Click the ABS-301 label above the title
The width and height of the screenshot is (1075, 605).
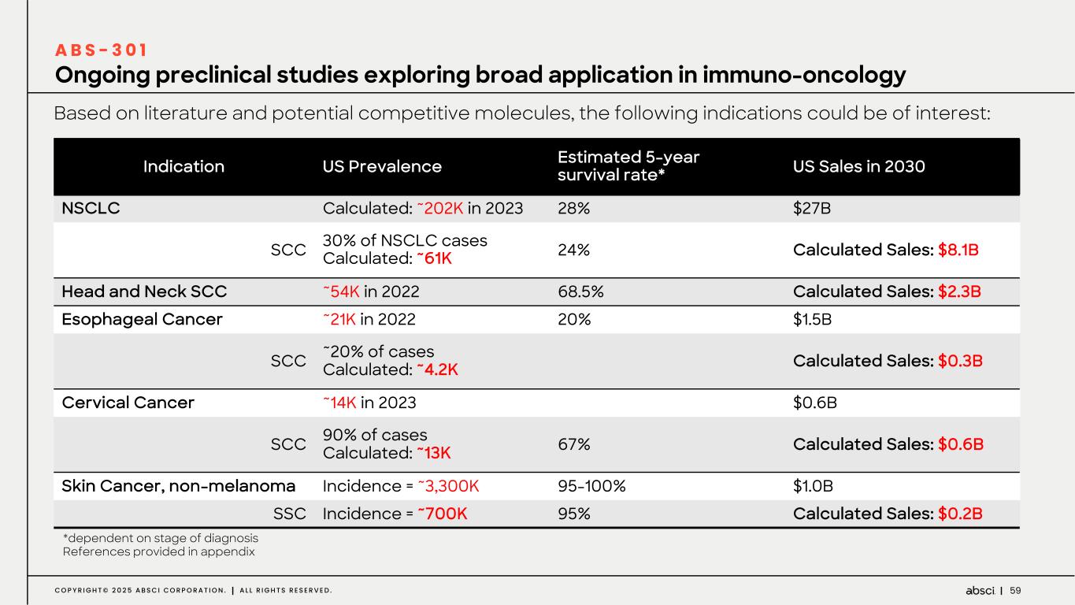(100, 50)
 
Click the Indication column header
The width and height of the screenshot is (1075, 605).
(183, 166)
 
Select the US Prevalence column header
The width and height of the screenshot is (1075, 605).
(382, 166)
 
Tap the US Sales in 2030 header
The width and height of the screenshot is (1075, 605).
(858, 166)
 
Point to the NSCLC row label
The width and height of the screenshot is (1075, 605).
(91, 208)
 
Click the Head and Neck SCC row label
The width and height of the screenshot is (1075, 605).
(144, 291)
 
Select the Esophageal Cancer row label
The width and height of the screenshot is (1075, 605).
(142, 319)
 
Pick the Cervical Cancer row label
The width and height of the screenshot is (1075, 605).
(128, 403)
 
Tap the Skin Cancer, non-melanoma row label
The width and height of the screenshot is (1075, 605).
(178, 485)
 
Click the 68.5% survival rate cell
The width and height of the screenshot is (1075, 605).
(580, 291)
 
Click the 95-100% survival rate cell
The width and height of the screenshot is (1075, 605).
(591, 485)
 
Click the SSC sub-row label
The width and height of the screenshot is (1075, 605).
(289, 514)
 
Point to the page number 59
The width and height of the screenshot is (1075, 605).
(1015, 590)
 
